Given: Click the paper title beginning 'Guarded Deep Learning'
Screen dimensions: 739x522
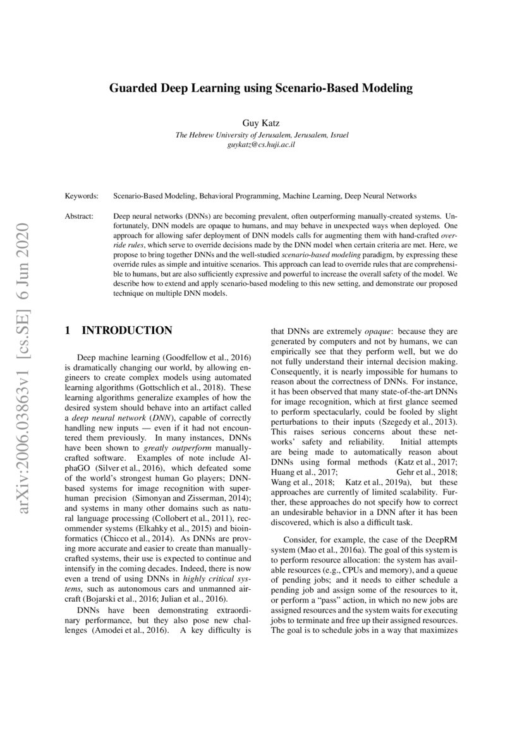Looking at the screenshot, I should tap(261, 89).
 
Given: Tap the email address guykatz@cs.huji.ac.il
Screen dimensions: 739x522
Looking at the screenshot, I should tap(261, 145).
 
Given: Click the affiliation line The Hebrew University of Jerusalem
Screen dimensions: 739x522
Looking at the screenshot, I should tap(261, 135).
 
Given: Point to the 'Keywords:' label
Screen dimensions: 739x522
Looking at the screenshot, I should tap(82, 197).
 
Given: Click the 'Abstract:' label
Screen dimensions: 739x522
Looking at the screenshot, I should tap(80, 216).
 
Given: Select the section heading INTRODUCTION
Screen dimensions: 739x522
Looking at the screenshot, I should tap(127, 331).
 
